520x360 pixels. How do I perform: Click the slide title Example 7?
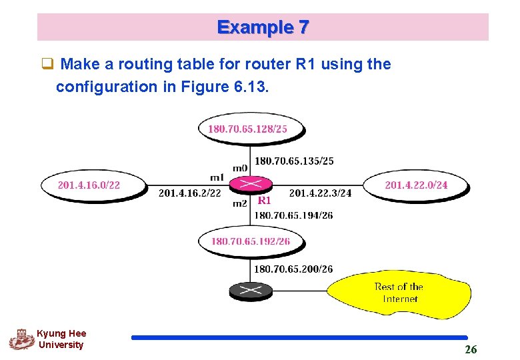click(263, 27)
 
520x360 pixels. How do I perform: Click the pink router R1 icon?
click(251, 185)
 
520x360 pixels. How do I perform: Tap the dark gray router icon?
click(251, 291)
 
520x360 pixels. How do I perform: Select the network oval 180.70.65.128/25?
click(251, 129)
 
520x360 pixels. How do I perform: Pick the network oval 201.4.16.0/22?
click(93, 185)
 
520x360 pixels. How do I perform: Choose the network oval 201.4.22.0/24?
click(416, 185)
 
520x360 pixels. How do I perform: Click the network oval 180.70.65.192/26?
click(251, 241)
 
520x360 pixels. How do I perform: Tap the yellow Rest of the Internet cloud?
click(399, 293)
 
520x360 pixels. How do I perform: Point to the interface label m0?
click(240, 167)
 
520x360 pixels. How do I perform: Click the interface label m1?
click(217, 177)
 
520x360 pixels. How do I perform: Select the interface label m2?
click(240, 203)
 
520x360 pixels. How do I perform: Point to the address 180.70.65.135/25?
click(294, 161)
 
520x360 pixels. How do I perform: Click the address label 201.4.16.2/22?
click(189, 193)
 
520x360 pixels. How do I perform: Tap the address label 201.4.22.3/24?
click(320, 193)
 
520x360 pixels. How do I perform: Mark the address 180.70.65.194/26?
click(293, 215)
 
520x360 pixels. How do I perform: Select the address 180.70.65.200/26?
click(293, 269)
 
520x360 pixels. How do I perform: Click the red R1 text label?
click(265, 200)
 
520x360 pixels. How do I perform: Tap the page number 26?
click(471, 349)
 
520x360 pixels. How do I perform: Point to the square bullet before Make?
click(47, 65)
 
